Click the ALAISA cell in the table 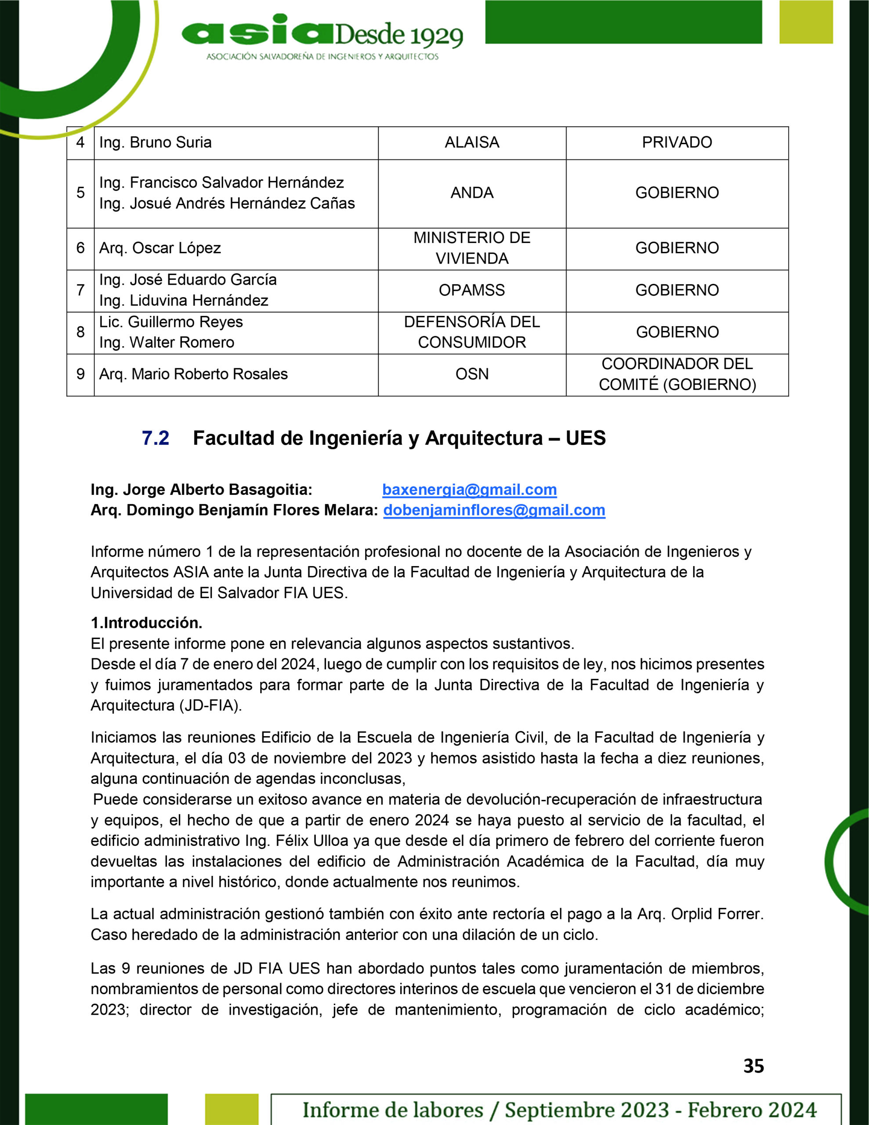click(472, 142)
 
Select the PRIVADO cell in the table click(677, 142)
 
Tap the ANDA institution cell click(472, 192)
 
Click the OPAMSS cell click(472, 290)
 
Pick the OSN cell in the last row click(472, 374)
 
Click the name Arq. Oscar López click(159, 248)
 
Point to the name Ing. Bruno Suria click(155, 142)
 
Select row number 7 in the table click(80, 290)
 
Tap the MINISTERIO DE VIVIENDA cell click(472, 248)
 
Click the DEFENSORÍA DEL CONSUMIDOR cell click(472, 332)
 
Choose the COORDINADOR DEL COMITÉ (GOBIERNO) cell click(677, 374)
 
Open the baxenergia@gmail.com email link click(469, 490)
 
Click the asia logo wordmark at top click(257, 34)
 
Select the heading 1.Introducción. click(146, 623)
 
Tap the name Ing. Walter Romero click(167, 342)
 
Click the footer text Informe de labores click(392, 1110)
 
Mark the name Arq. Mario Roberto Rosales click(193, 374)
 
